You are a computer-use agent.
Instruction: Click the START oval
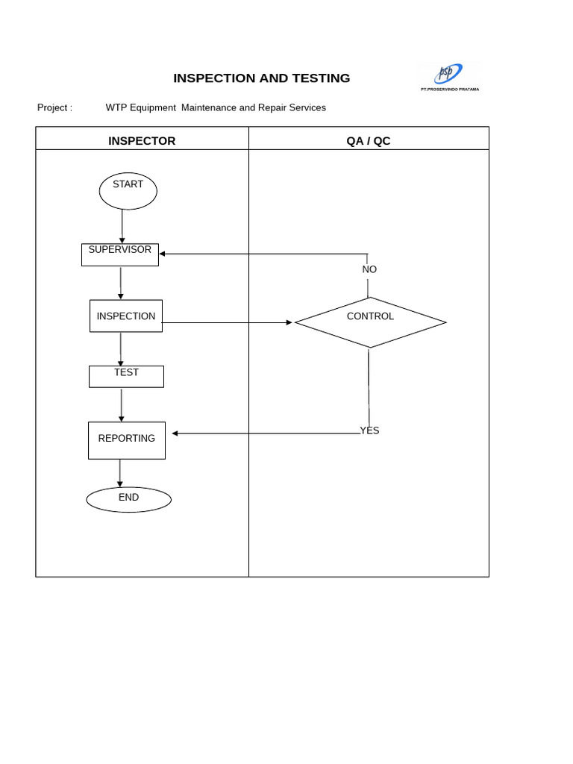(128, 191)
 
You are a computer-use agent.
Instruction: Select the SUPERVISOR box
(119, 254)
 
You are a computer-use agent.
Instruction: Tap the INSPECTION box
(125, 316)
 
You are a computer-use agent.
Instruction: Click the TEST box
(126, 376)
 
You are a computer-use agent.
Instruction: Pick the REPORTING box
(126, 440)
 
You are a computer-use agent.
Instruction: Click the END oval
(128, 499)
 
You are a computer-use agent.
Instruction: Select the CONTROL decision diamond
(370, 322)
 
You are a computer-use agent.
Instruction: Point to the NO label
(369, 269)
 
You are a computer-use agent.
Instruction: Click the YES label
(369, 430)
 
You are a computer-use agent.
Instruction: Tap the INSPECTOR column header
(142, 140)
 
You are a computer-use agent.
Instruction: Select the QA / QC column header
(368, 140)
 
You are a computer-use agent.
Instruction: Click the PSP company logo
(449, 74)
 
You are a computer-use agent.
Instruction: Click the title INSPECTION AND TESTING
(261, 78)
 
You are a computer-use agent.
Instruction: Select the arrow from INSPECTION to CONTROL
(224, 322)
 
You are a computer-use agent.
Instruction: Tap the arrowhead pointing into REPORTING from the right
(175, 433)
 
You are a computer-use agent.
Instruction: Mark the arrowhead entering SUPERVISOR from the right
(163, 254)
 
